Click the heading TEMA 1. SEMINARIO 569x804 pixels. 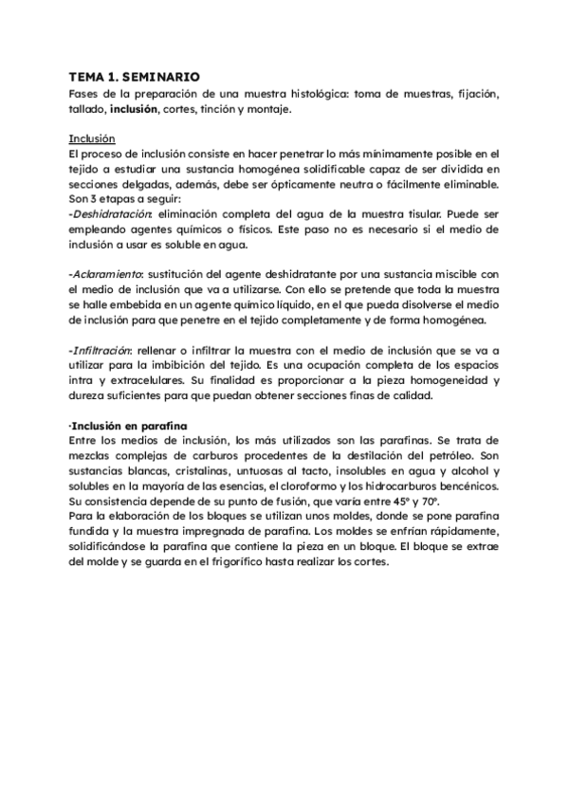point(136,79)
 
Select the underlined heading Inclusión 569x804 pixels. point(93,137)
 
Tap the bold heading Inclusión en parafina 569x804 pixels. point(131,425)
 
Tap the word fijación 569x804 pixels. point(475,95)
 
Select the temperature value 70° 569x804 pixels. point(445,502)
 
